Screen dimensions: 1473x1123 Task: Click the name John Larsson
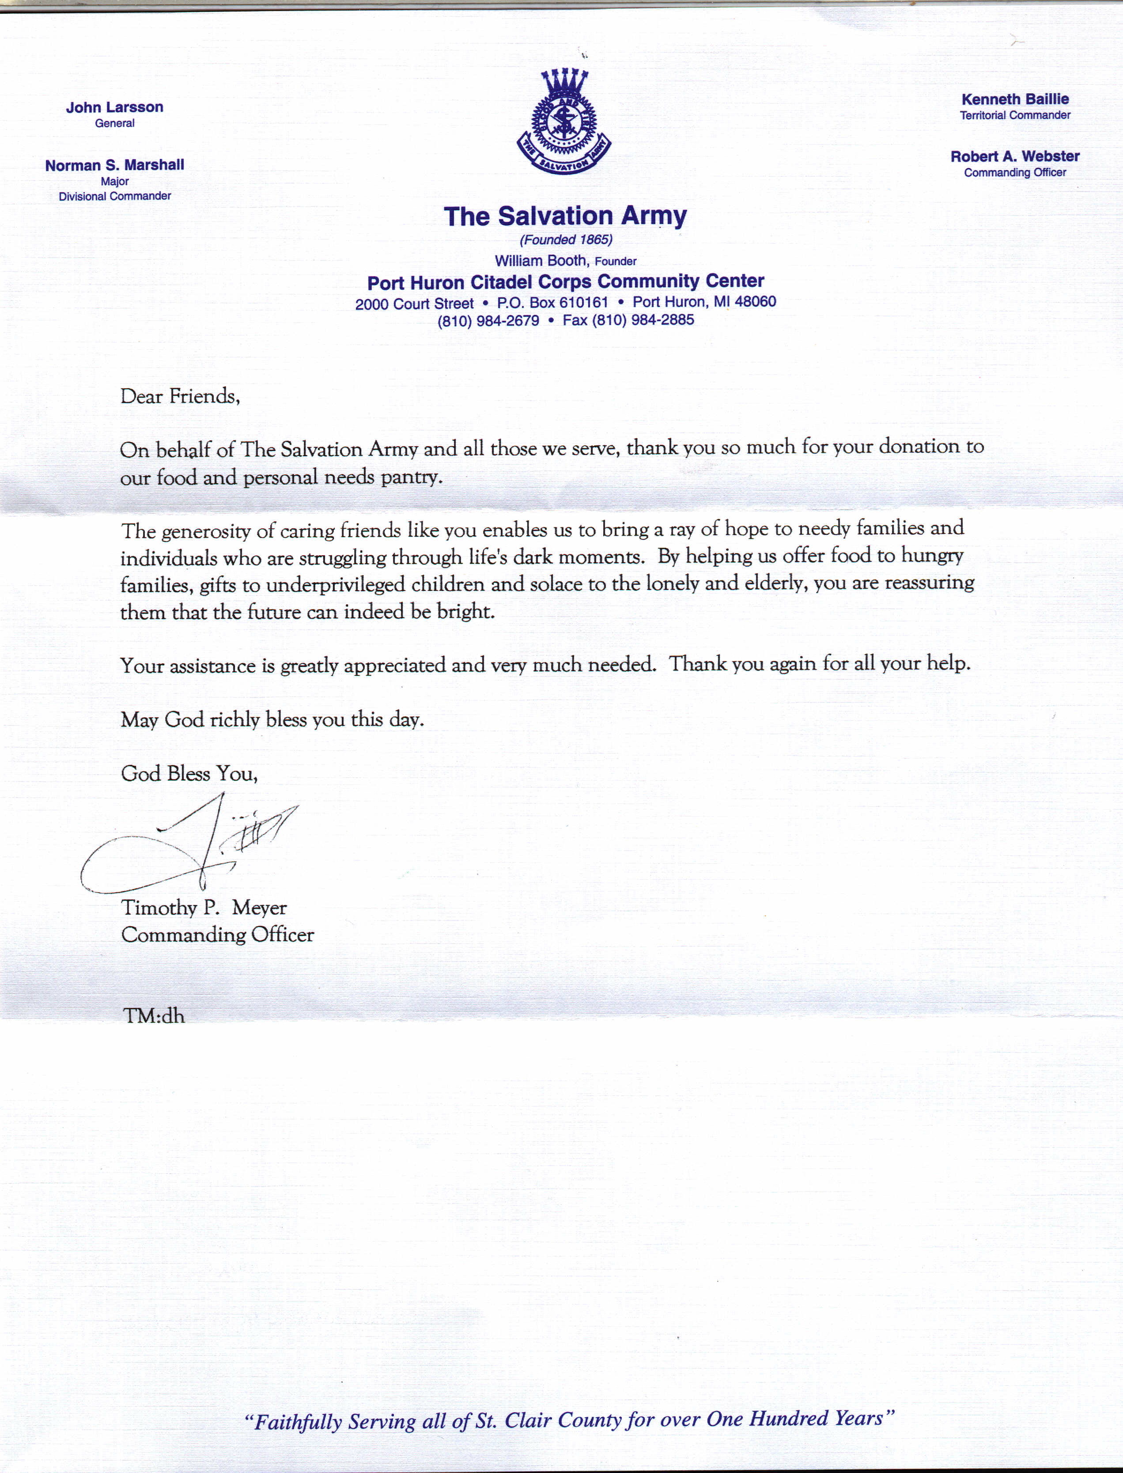click(114, 107)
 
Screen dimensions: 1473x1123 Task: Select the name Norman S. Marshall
click(114, 165)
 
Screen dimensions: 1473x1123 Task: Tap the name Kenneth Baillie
click(1015, 99)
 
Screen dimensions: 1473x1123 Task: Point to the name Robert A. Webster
click(1015, 156)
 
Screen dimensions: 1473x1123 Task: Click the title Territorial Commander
click(1015, 115)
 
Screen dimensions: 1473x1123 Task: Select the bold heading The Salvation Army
click(565, 216)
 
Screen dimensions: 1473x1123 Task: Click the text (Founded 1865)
click(566, 239)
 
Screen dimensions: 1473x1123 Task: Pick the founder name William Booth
click(541, 261)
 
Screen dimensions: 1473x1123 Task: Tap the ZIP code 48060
click(755, 302)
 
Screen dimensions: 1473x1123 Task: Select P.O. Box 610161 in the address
click(552, 303)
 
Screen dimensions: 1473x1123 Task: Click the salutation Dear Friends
click(179, 397)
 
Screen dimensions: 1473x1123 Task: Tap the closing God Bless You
click(189, 774)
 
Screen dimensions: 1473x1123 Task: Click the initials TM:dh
click(153, 1016)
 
